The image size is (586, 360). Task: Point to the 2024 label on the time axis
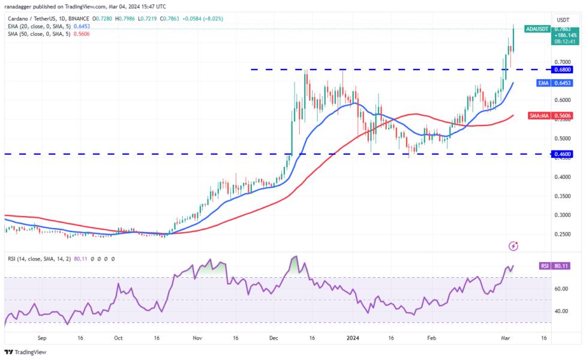click(353, 338)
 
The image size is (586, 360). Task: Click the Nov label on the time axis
click(198, 338)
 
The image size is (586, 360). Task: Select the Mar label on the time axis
click(505, 338)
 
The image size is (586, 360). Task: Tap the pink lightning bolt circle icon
click(513, 246)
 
